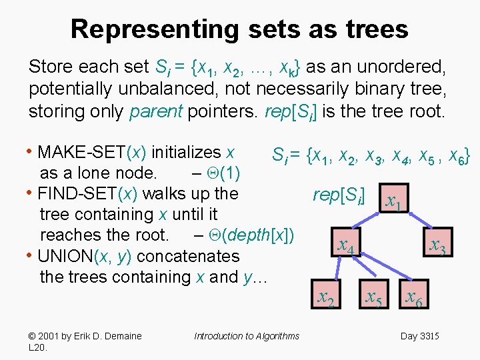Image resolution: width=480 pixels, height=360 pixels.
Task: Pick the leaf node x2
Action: tap(325, 298)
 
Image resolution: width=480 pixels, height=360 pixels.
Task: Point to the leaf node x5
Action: tap(373, 298)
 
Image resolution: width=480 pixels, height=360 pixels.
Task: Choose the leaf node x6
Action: tap(413, 298)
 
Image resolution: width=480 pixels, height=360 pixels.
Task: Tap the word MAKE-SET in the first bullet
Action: tap(83, 153)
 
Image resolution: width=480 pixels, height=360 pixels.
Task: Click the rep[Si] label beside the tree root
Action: tap(339, 195)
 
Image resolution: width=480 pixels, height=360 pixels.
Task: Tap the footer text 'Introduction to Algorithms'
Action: tap(247, 336)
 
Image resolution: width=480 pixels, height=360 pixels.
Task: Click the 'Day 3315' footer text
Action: tap(419, 336)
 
